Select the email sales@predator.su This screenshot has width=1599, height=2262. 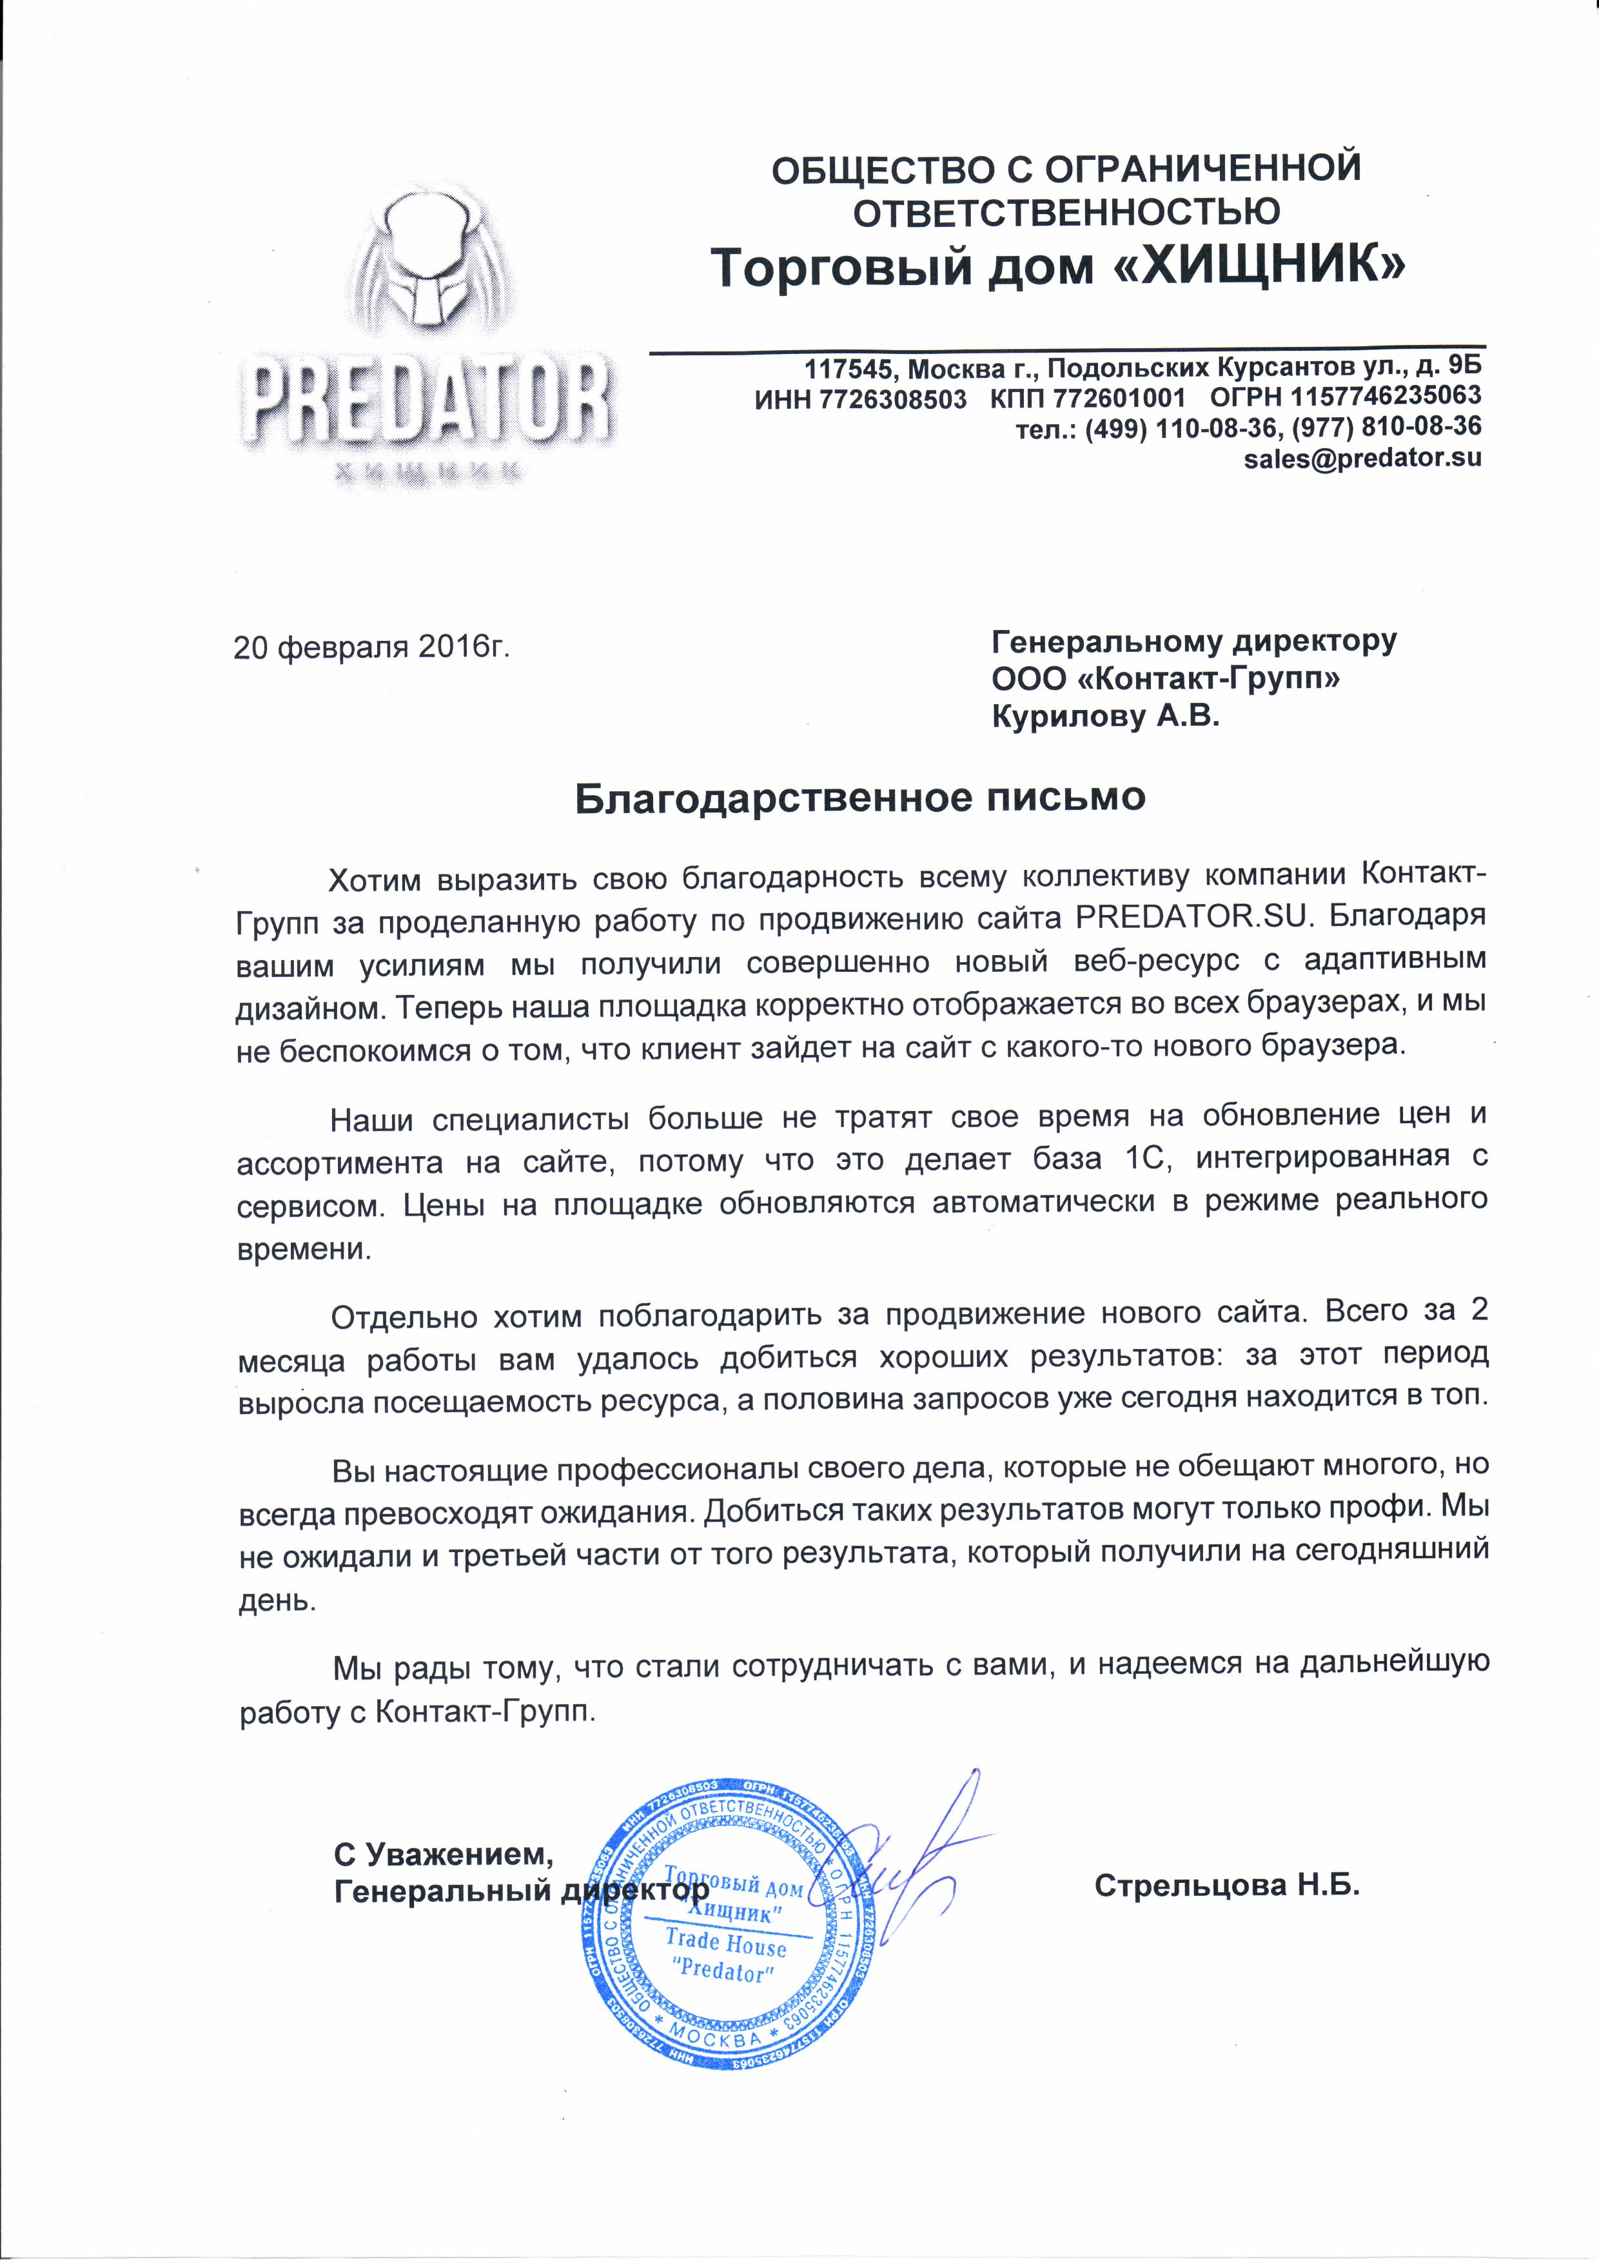pos(1362,458)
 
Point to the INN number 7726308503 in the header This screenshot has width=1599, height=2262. pos(892,398)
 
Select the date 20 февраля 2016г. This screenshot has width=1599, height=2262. pos(371,647)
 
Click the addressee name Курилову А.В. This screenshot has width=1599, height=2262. pos(1104,716)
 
